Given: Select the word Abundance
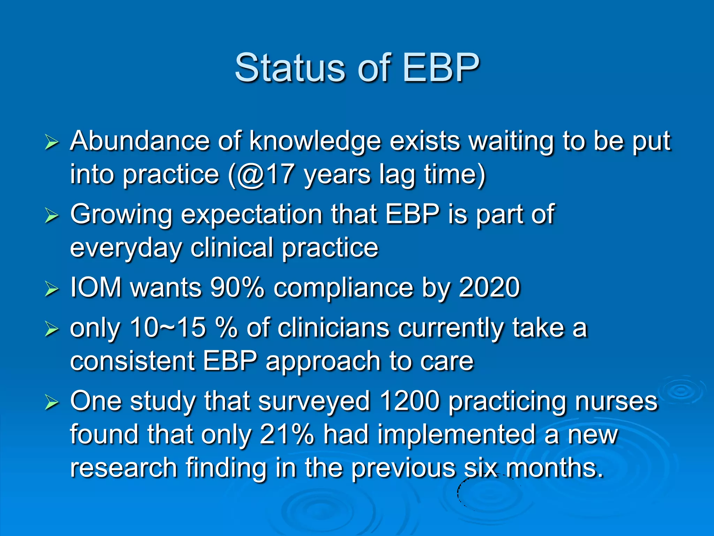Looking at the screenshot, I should coord(139,141).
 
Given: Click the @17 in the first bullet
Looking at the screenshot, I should coord(265,174).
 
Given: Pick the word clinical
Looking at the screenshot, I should coord(232,248).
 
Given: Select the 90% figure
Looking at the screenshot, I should coord(237,288).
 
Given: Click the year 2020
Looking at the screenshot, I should coord(489,288).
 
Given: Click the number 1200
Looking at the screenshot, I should coord(410,401).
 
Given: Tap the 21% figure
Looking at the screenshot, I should coord(287,435).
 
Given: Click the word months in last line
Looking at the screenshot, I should coord(554,468).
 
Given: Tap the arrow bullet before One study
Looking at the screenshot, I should coord(52,403).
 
